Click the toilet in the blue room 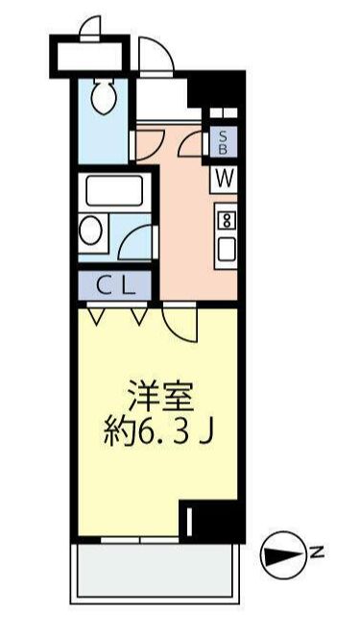(102, 95)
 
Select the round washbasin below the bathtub (93, 230)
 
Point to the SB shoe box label (224, 143)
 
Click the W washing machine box (224, 177)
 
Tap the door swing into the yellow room (180, 322)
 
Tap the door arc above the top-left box (91, 27)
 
